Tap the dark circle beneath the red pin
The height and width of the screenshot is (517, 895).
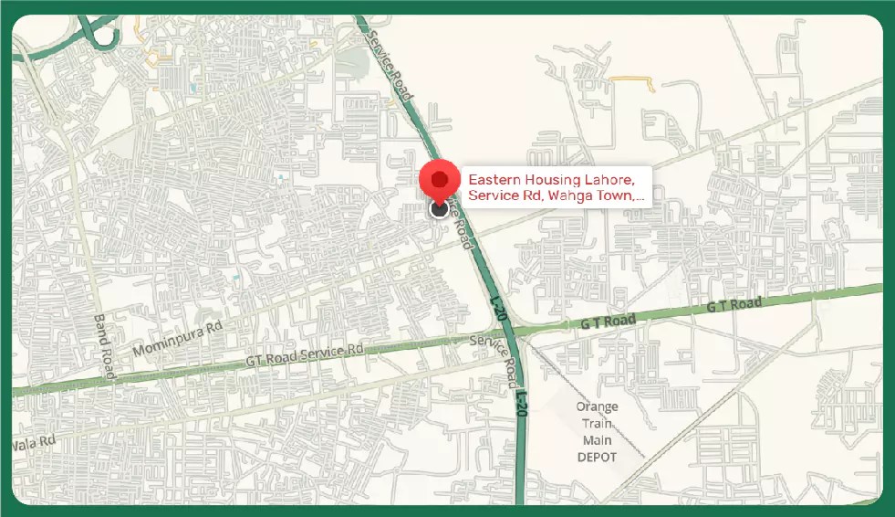440,209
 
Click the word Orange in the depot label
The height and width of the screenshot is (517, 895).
597,406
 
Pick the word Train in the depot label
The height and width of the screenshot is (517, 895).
597,424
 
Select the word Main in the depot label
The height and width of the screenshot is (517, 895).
597,440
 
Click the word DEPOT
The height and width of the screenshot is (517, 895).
597,457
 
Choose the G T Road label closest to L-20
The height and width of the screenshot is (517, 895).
607,322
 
